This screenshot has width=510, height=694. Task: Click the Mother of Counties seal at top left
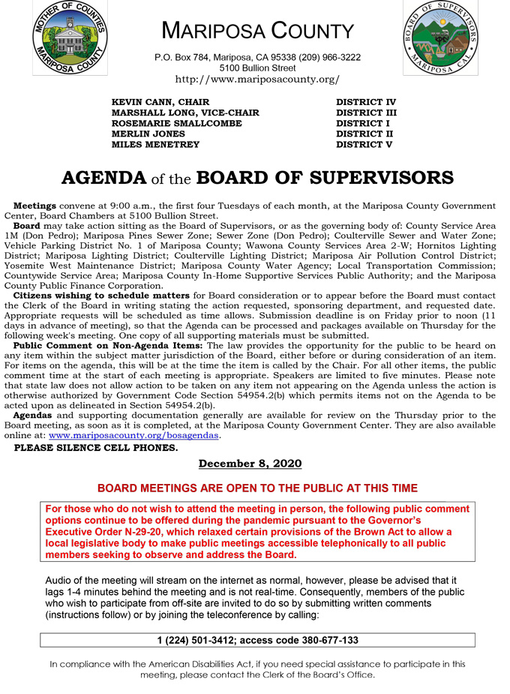coord(70,38)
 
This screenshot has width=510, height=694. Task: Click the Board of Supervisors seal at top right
coord(440,38)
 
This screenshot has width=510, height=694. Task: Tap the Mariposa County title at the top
coord(257,31)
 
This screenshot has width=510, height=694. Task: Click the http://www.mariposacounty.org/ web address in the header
coord(257,79)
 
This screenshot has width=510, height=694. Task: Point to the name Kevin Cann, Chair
coord(160,102)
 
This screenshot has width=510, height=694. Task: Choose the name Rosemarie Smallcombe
coord(176,123)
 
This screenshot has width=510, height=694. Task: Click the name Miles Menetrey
coord(155,144)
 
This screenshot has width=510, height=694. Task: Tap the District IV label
coord(365,102)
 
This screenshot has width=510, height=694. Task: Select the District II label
coord(364,134)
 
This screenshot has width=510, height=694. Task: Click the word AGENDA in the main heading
coord(103,179)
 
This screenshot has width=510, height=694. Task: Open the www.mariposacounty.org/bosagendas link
coord(133,435)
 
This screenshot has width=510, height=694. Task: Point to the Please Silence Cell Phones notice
coord(96,448)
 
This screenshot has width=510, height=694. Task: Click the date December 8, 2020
coord(250,464)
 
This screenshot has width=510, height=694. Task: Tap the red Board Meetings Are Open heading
coord(257,488)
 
